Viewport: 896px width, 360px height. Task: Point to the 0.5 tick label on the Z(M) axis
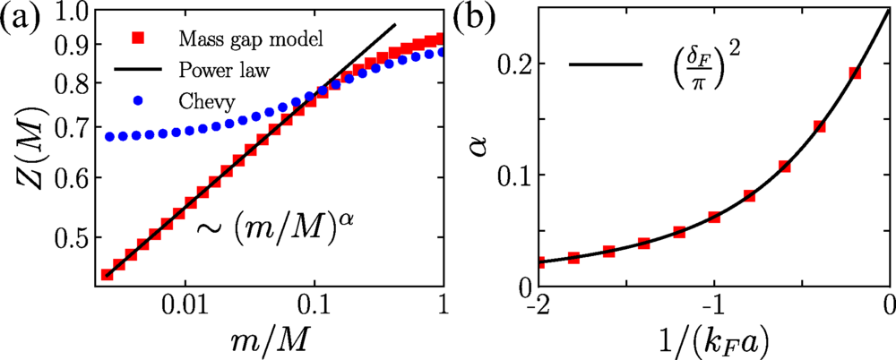coord(72,237)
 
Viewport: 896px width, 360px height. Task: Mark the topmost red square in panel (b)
coord(855,73)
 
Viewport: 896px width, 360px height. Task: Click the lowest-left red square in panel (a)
coord(107,274)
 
